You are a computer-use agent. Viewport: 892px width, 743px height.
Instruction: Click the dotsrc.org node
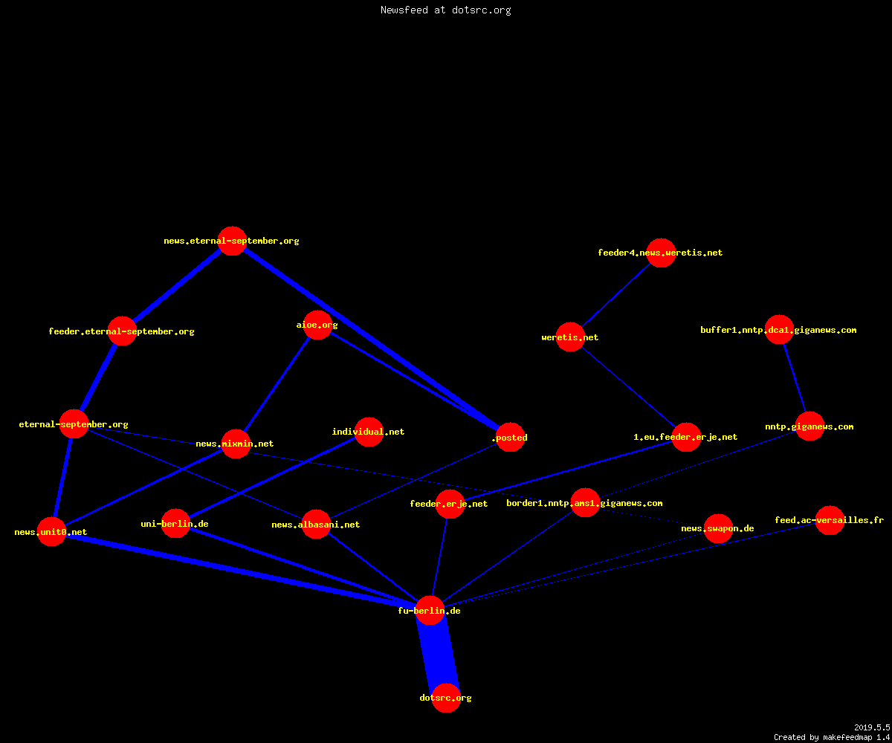point(446,698)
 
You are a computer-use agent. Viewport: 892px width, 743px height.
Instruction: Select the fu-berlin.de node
point(430,610)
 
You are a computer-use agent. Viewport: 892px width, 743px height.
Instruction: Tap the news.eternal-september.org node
point(232,241)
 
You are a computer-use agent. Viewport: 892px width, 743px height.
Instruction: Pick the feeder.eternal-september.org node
point(122,331)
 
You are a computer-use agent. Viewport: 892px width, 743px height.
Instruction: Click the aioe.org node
point(317,325)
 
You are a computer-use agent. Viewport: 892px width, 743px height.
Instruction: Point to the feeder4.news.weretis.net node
point(661,253)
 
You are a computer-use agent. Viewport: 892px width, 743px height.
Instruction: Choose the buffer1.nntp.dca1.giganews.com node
point(779,329)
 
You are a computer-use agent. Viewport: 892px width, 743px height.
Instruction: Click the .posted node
point(510,437)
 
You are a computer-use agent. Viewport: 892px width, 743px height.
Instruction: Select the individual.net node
point(369,432)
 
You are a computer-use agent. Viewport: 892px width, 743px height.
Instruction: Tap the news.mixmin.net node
point(236,444)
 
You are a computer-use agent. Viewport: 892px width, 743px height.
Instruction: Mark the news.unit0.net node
point(52,532)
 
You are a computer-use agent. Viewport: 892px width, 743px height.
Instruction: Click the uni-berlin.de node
point(175,523)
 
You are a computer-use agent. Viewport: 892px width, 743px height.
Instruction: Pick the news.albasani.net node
point(316,524)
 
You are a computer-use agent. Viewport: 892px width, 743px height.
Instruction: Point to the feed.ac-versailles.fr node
point(830,520)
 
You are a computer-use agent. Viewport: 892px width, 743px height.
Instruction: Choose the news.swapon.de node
point(718,528)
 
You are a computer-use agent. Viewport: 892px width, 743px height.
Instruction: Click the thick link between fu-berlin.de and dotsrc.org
point(438,654)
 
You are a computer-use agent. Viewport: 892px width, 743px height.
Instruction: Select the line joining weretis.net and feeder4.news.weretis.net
point(615,295)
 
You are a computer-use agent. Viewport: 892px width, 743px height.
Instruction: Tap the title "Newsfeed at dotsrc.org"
point(445,10)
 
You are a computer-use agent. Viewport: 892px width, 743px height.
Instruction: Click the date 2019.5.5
point(872,727)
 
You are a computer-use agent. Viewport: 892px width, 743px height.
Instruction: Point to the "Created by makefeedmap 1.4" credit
point(832,738)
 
